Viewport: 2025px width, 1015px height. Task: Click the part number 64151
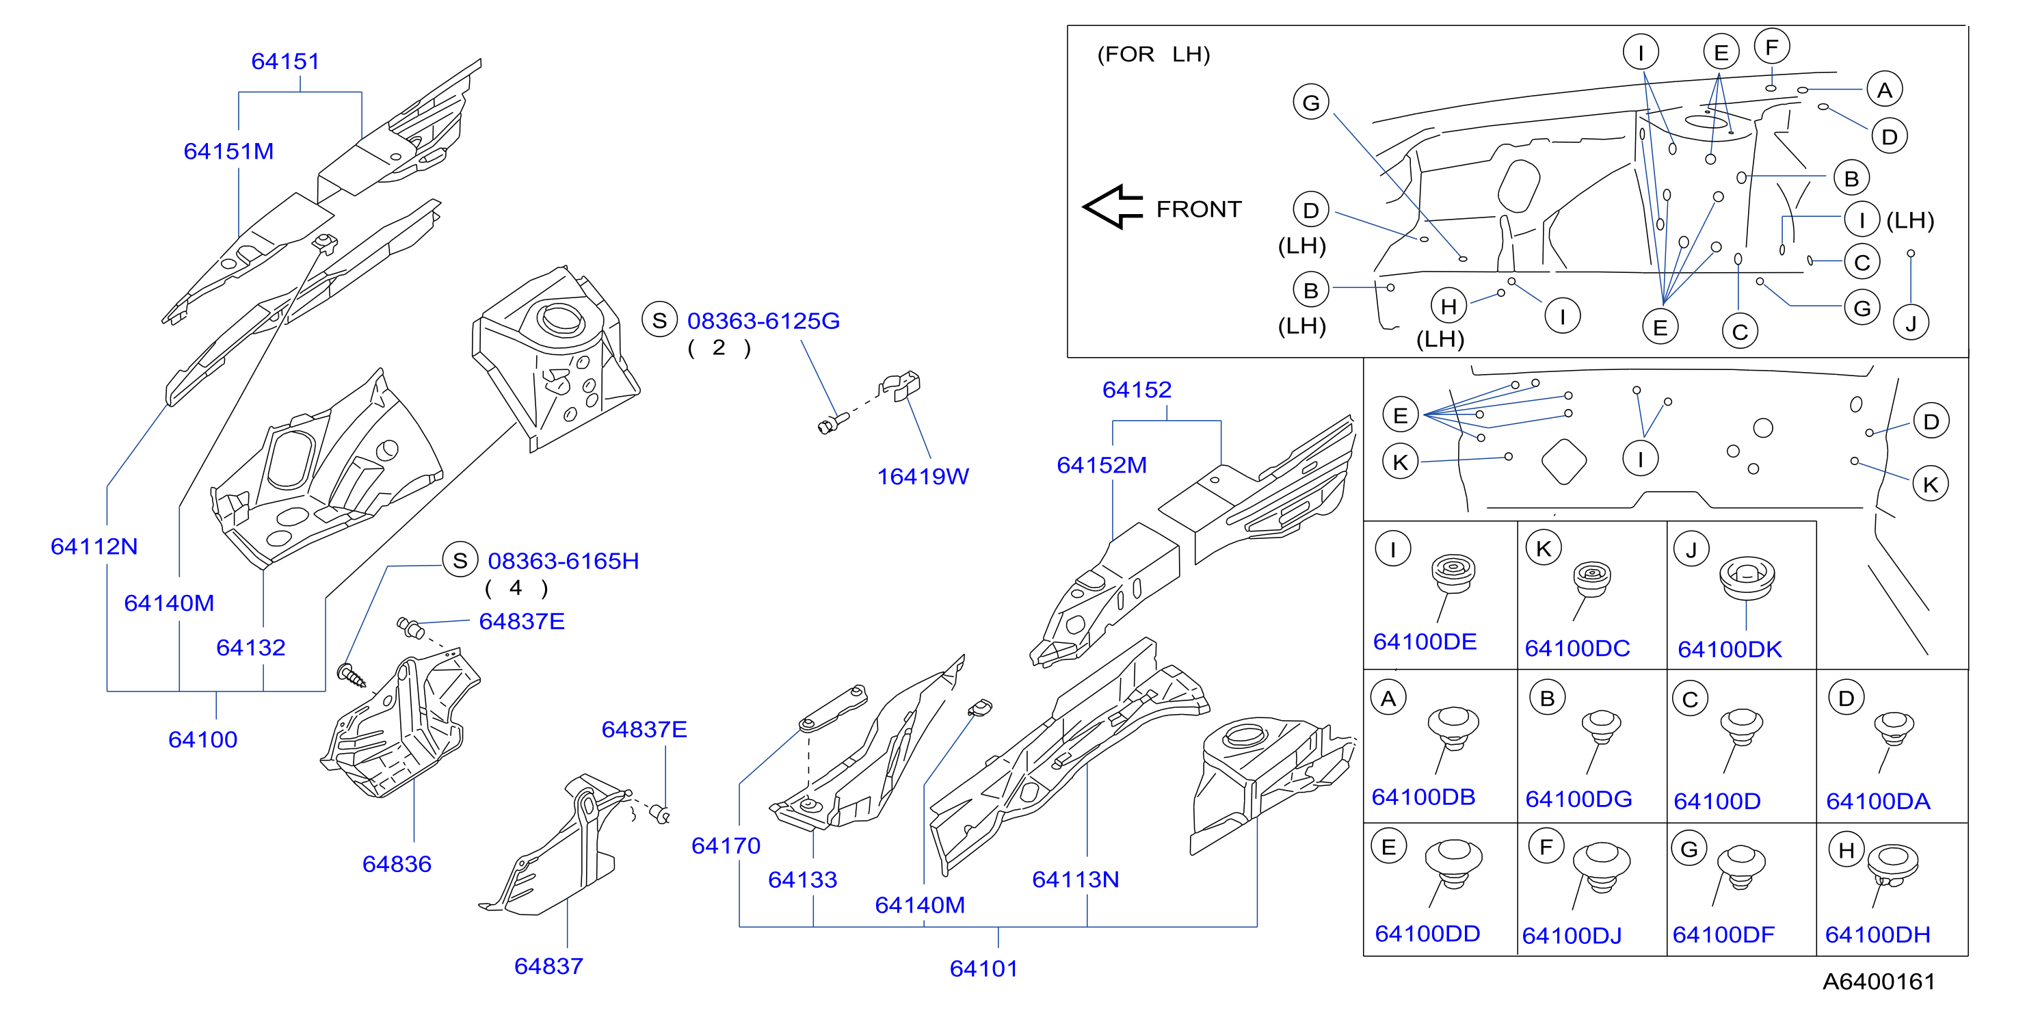point(285,62)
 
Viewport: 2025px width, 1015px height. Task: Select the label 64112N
point(94,546)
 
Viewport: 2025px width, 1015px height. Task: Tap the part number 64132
point(251,648)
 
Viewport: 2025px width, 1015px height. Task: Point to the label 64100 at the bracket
point(203,740)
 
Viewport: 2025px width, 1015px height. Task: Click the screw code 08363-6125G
point(763,321)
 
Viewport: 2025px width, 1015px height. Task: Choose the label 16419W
point(923,477)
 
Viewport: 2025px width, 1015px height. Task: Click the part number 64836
point(397,864)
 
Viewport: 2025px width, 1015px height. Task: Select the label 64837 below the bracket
point(548,966)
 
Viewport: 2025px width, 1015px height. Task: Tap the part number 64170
point(726,846)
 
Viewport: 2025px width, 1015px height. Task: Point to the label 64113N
point(1075,880)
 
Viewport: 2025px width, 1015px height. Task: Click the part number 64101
point(983,968)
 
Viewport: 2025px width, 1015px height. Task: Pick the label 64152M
point(1101,466)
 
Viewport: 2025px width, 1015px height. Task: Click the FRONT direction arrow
point(1112,207)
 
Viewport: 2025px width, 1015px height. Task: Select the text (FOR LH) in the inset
point(1153,54)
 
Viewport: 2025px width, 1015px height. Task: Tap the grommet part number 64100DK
point(1730,649)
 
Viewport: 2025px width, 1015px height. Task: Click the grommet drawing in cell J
point(1747,578)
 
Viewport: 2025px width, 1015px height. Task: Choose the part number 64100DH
point(1877,935)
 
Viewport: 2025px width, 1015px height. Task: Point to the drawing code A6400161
point(1879,981)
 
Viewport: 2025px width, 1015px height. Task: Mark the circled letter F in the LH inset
point(1772,47)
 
